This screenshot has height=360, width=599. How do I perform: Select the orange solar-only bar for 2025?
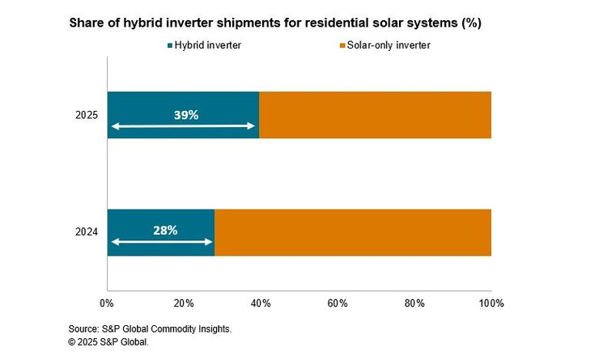pos(375,115)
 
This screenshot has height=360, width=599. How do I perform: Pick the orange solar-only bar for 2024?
pos(353,232)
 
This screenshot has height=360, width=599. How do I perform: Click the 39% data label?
pos(185,115)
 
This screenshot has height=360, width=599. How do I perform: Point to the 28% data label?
pos(165,231)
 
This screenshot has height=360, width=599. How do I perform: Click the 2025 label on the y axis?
pos(86,116)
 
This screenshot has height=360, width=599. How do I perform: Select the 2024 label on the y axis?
pos(86,233)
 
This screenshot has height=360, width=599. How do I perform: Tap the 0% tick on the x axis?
pos(107,303)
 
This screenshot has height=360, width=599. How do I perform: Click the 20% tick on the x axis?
pos(184,303)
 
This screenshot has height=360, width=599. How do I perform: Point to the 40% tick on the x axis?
pos(261,303)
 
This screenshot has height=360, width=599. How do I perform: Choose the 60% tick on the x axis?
pos(338,303)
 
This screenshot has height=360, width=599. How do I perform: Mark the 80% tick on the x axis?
pos(414,303)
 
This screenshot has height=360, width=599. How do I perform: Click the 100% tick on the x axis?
pos(491,303)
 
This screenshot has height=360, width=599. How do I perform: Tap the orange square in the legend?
pos(342,45)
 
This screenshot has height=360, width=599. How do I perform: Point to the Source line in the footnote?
pos(150,330)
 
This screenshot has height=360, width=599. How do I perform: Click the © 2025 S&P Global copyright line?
pos(108,342)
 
